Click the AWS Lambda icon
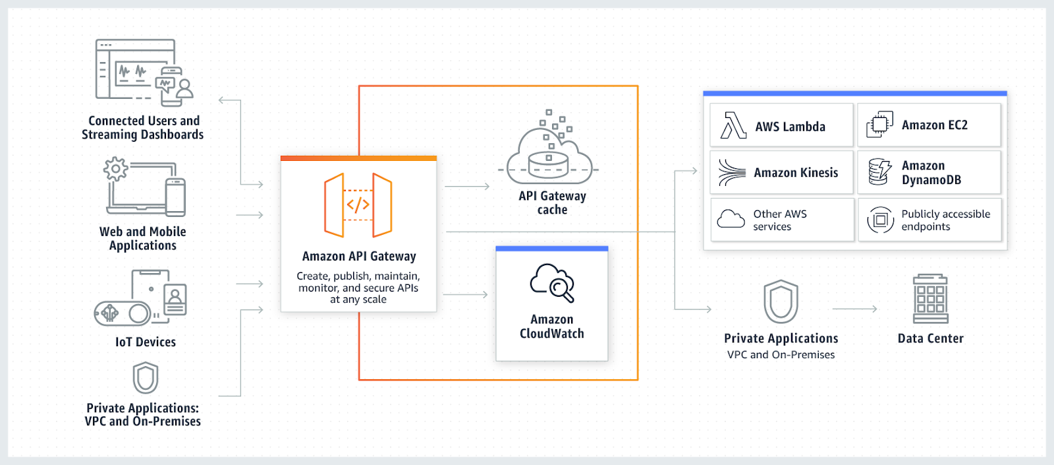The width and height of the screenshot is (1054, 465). click(x=733, y=125)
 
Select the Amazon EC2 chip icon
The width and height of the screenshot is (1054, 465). click(x=879, y=125)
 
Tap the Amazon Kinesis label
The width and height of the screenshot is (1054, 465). click(x=796, y=173)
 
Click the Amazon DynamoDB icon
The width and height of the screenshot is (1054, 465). click(x=879, y=172)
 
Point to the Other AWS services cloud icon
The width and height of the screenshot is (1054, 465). click(x=731, y=219)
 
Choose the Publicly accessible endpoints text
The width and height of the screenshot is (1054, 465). click(x=945, y=220)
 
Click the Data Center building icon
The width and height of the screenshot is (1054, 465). click(x=930, y=298)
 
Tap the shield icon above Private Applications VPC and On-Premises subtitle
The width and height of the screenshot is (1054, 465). click(x=781, y=301)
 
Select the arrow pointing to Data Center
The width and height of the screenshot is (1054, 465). click(x=855, y=309)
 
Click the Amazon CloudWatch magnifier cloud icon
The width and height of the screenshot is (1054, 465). click(x=552, y=283)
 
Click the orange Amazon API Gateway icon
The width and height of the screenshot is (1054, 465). click(x=358, y=205)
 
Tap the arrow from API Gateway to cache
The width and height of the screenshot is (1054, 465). click(x=467, y=187)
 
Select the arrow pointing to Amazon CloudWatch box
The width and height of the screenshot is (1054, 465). click(x=465, y=295)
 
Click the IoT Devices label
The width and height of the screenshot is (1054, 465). click(x=146, y=342)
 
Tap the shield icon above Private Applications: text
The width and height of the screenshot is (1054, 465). click(x=146, y=378)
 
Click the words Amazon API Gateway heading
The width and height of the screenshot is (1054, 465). click(x=359, y=256)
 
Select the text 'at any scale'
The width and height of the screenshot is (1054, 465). click(x=358, y=299)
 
